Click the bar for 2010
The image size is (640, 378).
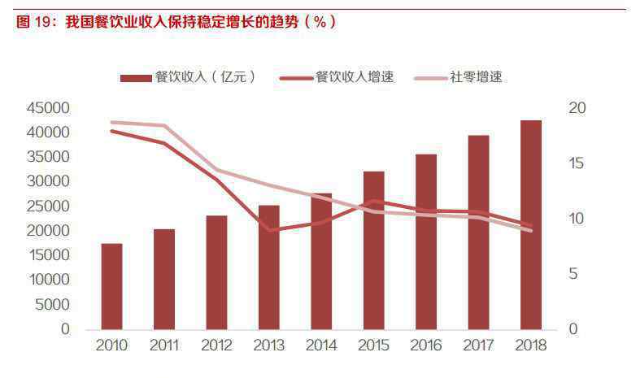pos(111,286)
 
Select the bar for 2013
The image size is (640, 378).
pos(269,267)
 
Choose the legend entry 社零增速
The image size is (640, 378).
pos(459,77)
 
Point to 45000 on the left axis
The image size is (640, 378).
pos(49,108)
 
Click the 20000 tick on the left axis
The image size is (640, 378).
pos(49,231)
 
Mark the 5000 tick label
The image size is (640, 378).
pos(53,305)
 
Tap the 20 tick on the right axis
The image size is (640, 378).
pos(577,108)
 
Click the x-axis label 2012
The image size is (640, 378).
pos(216,345)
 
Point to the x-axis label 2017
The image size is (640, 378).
pos(478,345)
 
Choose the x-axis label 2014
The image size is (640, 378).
pos(321,345)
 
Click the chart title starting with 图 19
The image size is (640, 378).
pos(175,22)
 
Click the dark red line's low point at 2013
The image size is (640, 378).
pos(269,231)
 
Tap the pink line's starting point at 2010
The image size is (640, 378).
pos(111,122)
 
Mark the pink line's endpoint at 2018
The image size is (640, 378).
pos(531,231)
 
